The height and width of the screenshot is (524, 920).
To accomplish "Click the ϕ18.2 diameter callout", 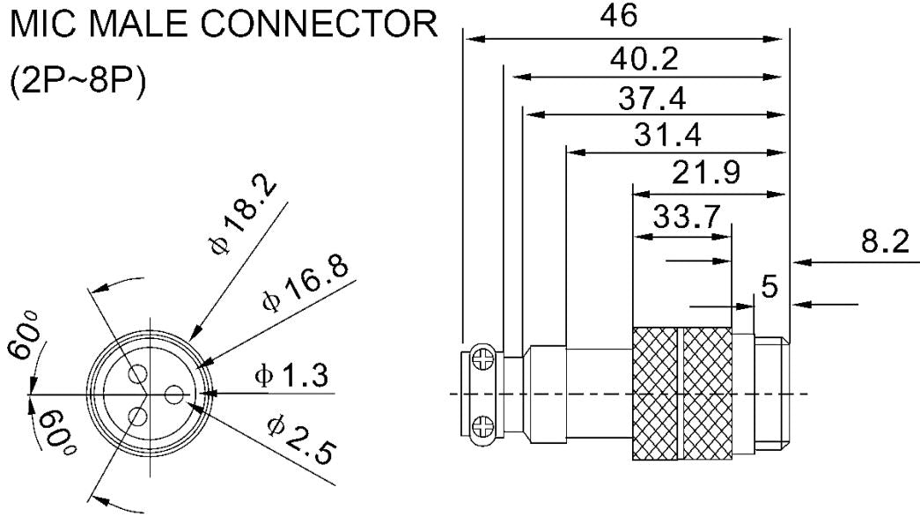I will click(x=244, y=218).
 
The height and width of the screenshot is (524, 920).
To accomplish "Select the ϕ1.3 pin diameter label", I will click(x=291, y=377).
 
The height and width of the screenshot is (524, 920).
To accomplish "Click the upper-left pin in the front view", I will click(x=136, y=376).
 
